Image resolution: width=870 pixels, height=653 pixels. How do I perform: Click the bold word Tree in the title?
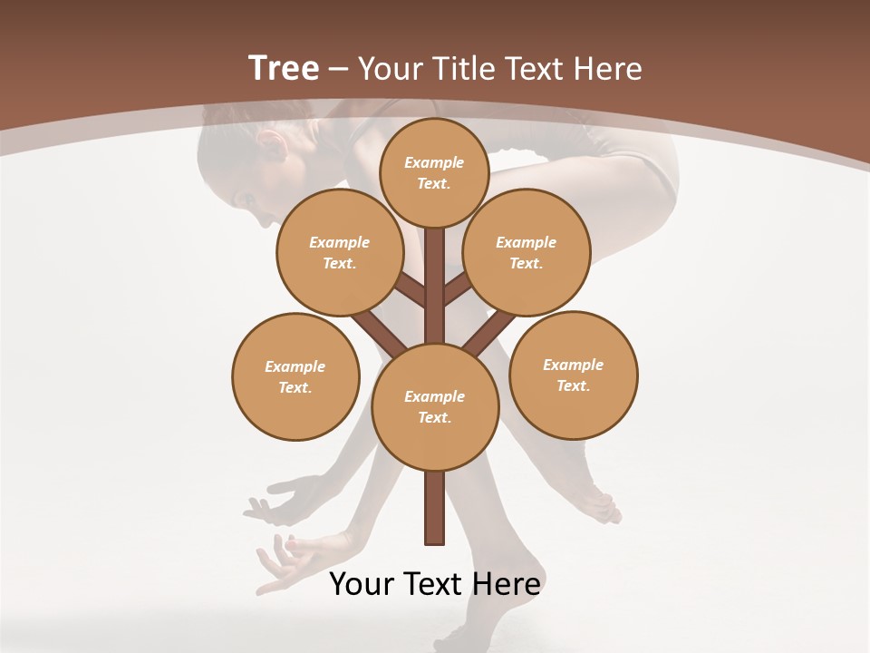pyautogui.click(x=284, y=68)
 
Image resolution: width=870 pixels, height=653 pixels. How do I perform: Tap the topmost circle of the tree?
pyautogui.click(x=434, y=172)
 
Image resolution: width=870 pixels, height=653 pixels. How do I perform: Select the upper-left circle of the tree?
pyautogui.click(x=339, y=252)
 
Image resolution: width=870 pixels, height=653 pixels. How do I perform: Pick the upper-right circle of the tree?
pyautogui.click(x=526, y=252)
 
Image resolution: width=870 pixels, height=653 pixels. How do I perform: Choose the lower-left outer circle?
pyautogui.click(x=295, y=376)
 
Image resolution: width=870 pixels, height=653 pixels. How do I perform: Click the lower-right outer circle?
pyautogui.click(x=573, y=375)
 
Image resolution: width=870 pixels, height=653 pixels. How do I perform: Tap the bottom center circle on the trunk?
pyautogui.click(x=434, y=406)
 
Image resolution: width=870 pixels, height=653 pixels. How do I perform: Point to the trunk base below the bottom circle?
pyautogui.click(x=434, y=508)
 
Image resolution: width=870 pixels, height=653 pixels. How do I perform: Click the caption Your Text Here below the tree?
pyautogui.click(x=434, y=583)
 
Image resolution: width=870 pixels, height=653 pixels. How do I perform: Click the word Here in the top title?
pyautogui.click(x=608, y=68)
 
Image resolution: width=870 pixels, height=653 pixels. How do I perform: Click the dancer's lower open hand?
pyautogui.click(x=281, y=562)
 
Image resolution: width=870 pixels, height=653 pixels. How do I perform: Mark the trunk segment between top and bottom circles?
pyautogui.click(x=434, y=286)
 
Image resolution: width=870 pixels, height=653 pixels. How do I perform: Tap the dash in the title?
pyautogui.click(x=339, y=69)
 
